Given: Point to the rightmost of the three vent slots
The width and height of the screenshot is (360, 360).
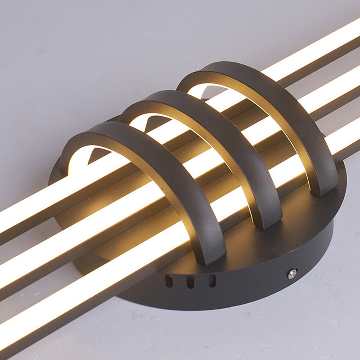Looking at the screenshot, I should (212, 281).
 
